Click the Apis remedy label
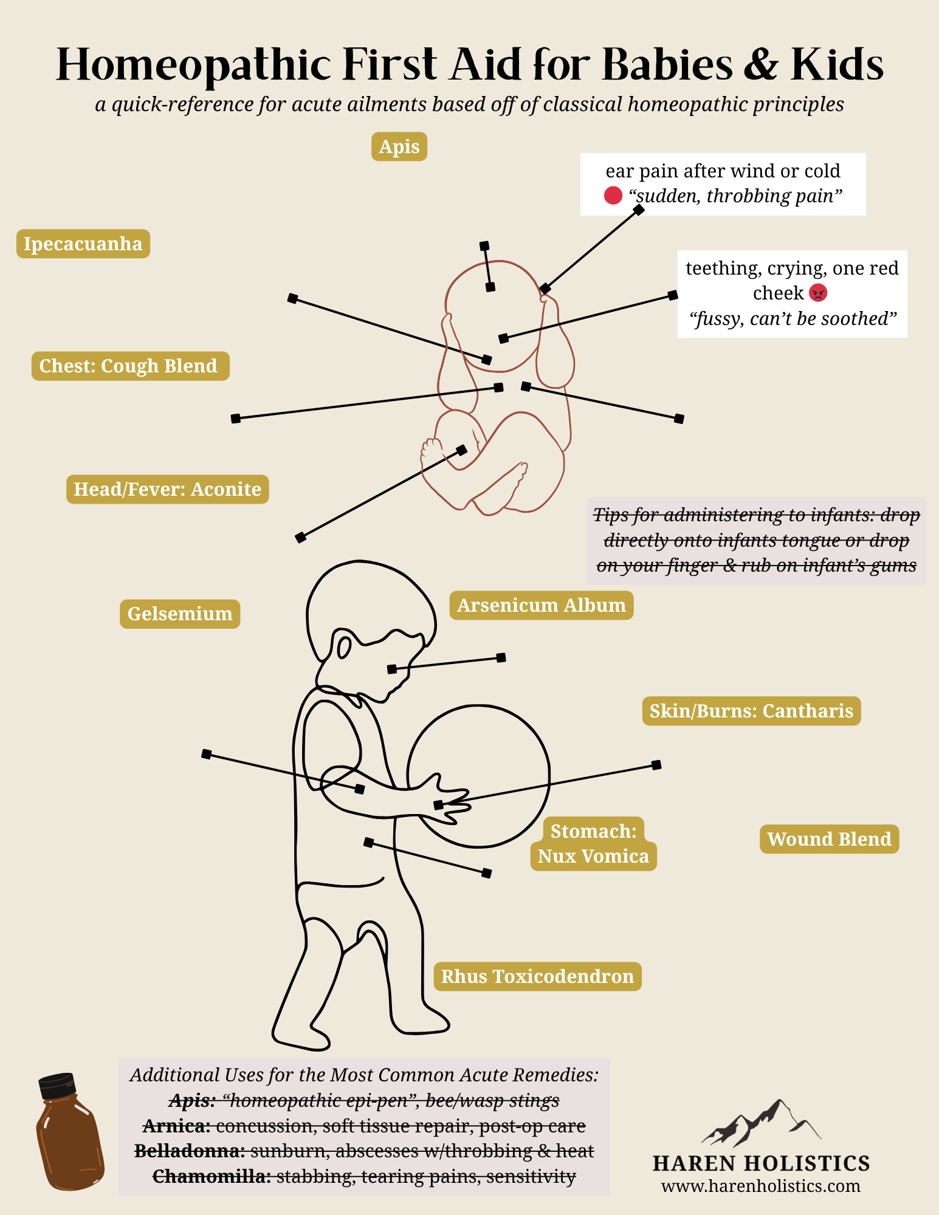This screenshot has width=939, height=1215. pos(399,146)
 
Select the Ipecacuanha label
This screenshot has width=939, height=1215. pos(83,244)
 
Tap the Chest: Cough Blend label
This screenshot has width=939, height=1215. pos(130,366)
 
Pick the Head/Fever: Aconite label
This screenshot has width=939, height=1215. pos(167,489)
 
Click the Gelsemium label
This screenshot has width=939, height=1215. pos(180,614)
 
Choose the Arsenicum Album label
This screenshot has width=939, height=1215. pos(541,605)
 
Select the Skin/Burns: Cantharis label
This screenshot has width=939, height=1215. pos(751,711)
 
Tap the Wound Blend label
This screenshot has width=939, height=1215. pos(829,839)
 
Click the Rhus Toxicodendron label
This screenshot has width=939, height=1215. pos(537,976)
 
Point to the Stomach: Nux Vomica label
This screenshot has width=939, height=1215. pos(593,844)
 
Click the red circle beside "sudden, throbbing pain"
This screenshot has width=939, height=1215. pos(613,196)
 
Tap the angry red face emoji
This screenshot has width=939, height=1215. pos(819,293)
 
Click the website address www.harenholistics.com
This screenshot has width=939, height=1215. pos(760,1186)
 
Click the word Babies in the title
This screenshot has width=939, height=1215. pos(668,65)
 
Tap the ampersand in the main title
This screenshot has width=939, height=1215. pos(760,65)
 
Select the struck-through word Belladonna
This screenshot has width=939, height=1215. pos(189,1151)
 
